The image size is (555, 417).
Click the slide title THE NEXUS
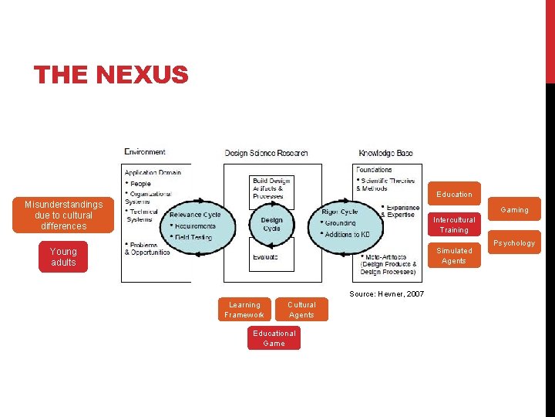click(x=111, y=75)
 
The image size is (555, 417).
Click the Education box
click(x=454, y=194)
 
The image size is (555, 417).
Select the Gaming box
click(x=514, y=210)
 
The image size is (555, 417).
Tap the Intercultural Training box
click(x=454, y=225)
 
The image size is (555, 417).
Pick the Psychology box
click(x=514, y=242)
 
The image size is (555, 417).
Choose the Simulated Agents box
click(x=454, y=256)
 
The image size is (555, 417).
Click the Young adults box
click(x=63, y=257)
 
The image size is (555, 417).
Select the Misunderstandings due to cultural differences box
click(x=63, y=215)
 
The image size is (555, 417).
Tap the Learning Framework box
click(x=244, y=310)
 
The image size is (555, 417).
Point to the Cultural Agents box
click(x=301, y=310)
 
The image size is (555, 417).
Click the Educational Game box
click(x=274, y=338)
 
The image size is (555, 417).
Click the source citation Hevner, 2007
click(x=386, y=293)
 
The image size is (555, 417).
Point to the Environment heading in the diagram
click(x=145, y=153)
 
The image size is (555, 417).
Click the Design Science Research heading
click(x=266, y=153)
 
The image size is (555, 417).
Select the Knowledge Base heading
click(x=385, y=153)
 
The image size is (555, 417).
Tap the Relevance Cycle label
click(x=195, y=215)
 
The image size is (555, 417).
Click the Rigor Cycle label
click(x=340, y=212)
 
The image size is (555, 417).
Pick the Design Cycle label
click(x=271, y=224)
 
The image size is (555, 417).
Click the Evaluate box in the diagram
click(x=266, y=256)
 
